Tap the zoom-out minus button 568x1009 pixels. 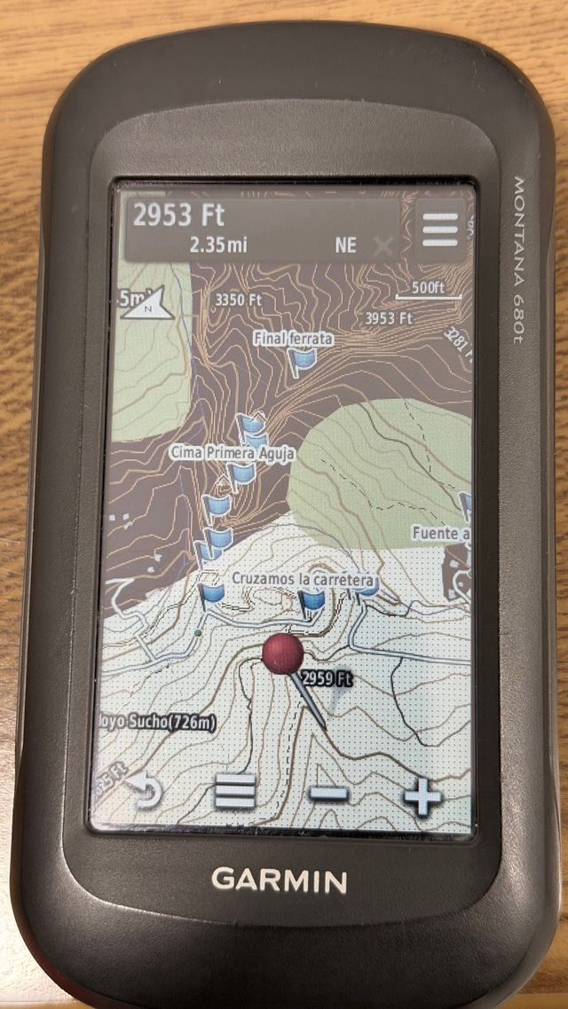pyautogui.click(x=329, y=793)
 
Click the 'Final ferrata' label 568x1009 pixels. pyautogui.click(x=293, y=338)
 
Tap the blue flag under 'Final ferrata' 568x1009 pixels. pyautogui.click(x=304, y=360)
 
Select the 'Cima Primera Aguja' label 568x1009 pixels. pyautogui.click(x=233, y=453)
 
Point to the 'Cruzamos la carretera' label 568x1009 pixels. pyautogui.click(x=304, y=579)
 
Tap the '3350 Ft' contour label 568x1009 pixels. pyautogui.click(x=239, y=300)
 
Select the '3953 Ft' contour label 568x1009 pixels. pyautogui.click(x=389, y=317)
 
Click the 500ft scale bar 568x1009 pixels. pyautogui.click(x=429, y=290)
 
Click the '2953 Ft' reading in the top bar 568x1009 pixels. pyautogui.click(x=178, y=215)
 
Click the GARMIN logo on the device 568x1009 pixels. pyautogui.click(x=279, y=880)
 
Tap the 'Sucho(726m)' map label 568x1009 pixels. pyautogui.click(x=160, y=722)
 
